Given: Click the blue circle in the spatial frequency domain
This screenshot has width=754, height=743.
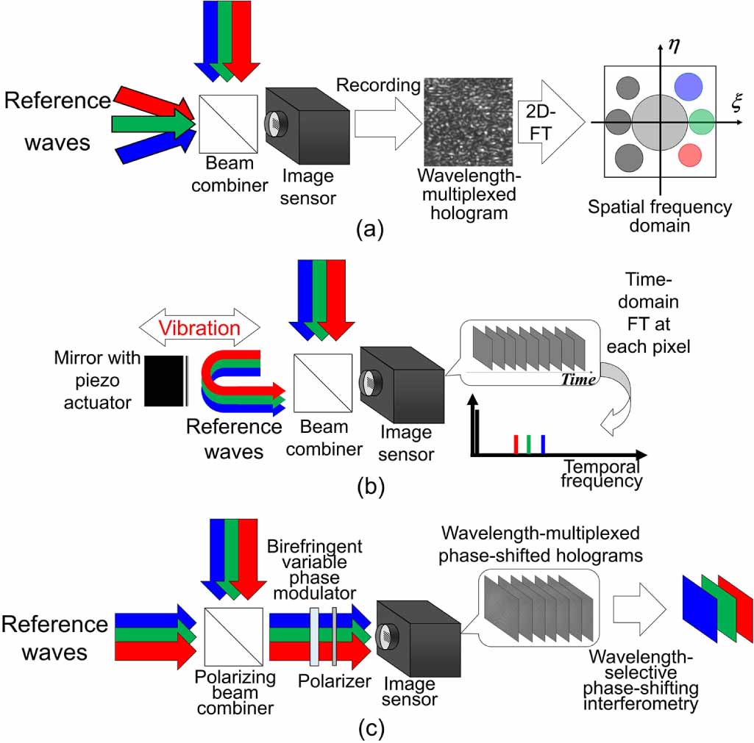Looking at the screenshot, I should click(690, 87).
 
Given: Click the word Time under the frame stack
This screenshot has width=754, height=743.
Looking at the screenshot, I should click(578, 380).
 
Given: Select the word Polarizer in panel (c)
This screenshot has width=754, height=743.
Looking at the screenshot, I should click(334, 681).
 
